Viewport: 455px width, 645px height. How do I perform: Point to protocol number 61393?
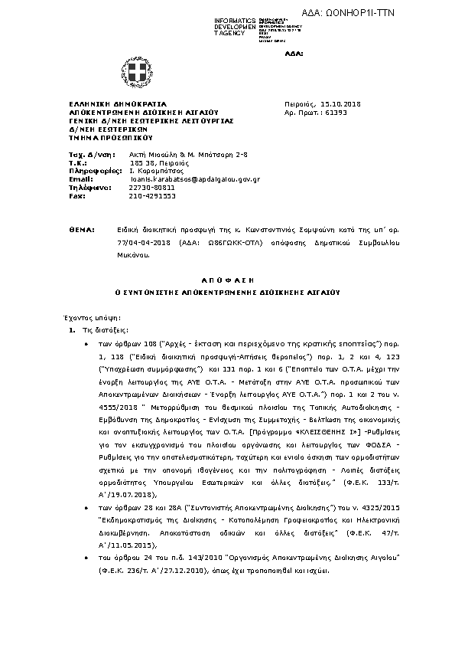pos(335,112)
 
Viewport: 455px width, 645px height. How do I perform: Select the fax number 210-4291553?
pos(153,195)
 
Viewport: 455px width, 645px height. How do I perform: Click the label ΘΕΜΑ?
pos(80,230)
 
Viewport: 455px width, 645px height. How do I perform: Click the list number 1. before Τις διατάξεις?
pos(72,330)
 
